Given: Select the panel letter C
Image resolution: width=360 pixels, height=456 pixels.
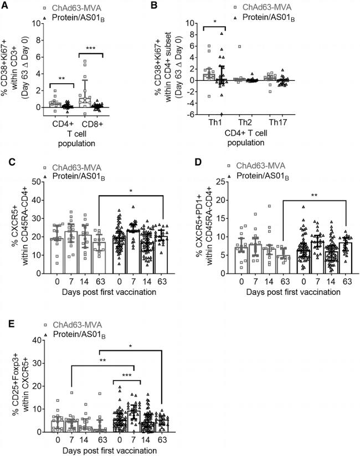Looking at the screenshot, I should pyautogui.click(x=4, y=164).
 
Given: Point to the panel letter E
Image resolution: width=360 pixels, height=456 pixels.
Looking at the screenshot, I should pyautogui.click(x=4, y=319).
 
